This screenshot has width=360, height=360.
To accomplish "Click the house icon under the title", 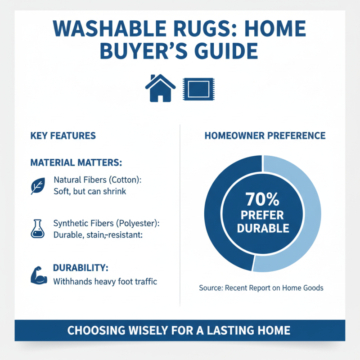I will coord(160,88).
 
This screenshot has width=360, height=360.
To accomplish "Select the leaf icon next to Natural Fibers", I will coord(37,185).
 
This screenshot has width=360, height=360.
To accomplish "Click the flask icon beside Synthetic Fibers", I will coord(37,228).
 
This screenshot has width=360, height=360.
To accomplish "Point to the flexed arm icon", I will coord(39,275).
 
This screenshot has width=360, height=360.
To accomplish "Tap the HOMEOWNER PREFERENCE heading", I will coord(265,135).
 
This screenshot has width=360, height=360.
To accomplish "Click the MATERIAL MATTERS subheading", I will coord(76,162).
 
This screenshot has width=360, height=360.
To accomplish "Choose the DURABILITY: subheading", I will coord(81,268).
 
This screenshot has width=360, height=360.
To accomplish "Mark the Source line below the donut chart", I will coord(261,288).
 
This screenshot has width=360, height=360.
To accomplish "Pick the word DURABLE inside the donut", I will coord(263,228).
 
